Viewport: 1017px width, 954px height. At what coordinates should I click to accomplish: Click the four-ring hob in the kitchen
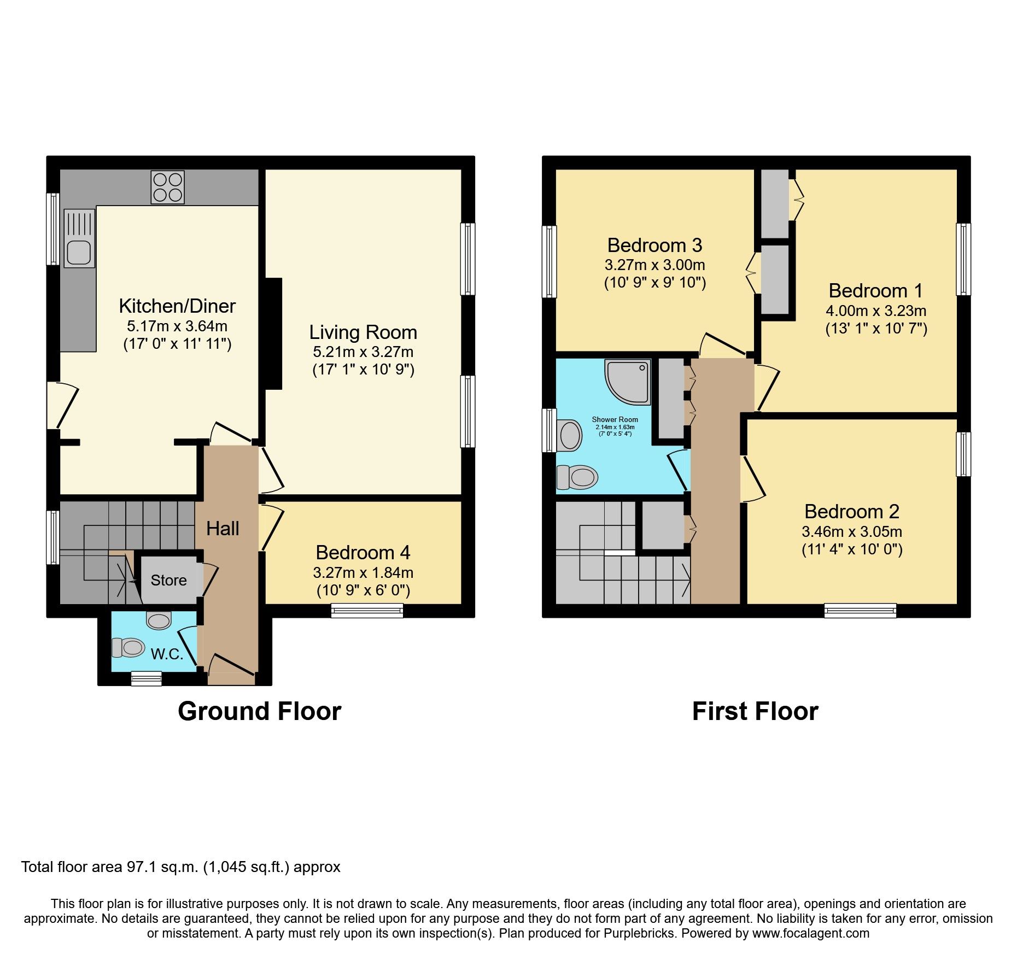pos(168,187)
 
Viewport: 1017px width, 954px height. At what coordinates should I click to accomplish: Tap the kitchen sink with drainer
pos(79,239)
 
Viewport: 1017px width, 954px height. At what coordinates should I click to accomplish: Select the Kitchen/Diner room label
pos(177,306)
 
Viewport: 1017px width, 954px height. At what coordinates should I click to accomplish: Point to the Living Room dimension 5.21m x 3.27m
pos(363,352)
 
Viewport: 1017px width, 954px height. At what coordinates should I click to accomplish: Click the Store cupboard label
pos(168,580)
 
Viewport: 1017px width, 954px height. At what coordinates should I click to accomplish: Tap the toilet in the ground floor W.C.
pos(127,648)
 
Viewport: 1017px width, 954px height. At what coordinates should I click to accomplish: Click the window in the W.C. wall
pos(147,678)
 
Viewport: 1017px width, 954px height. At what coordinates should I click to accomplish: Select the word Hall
pos(223,528)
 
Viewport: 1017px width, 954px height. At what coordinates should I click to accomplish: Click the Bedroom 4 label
pos(363,553)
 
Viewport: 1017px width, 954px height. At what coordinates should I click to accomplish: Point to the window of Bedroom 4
pos(367,611)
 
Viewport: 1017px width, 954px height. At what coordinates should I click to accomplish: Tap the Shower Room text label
pos(615,419)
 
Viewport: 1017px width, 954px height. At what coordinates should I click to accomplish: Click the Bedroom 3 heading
pos(654,245)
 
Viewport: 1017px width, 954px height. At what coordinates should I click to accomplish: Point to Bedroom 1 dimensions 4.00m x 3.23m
pos(876,311)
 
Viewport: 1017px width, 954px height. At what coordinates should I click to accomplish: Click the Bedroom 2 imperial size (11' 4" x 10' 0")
pos(852,549)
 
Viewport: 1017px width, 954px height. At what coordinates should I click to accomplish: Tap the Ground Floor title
pos(260,711)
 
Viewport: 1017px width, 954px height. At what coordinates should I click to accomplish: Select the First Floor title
pos(755,711)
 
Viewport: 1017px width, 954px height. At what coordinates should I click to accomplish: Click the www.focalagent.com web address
pos(810,933)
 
